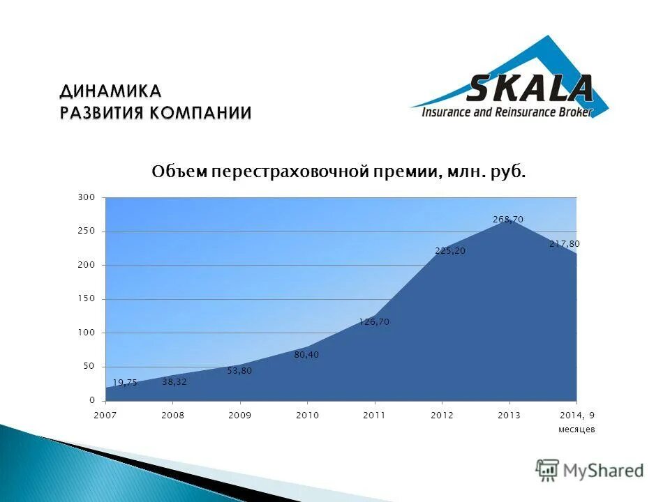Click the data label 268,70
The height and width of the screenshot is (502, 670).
point(507,219)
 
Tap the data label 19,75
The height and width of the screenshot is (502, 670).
point(125,382)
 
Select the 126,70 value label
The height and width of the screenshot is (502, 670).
point(374,321)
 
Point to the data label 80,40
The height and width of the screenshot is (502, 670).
point(306,354)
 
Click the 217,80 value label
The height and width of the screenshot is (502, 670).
point(564,244)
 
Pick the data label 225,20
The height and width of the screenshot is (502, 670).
point(449,251)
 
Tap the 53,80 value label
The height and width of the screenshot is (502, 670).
point(239,371)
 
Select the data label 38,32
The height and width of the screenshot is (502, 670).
point(174,381)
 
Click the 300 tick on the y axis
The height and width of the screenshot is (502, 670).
point(86,197)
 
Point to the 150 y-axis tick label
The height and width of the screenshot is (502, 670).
point(86,298)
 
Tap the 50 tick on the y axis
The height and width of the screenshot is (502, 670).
point(88,366)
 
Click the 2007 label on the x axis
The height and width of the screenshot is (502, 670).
point(105,415)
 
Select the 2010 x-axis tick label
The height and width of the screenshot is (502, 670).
point(307,415)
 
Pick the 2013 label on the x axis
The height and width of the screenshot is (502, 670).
point(509,415)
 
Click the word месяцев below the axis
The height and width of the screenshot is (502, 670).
point(576,429)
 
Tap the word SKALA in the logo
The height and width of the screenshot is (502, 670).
point(530,89)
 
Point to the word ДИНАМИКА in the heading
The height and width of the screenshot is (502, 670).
point(110,91)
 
